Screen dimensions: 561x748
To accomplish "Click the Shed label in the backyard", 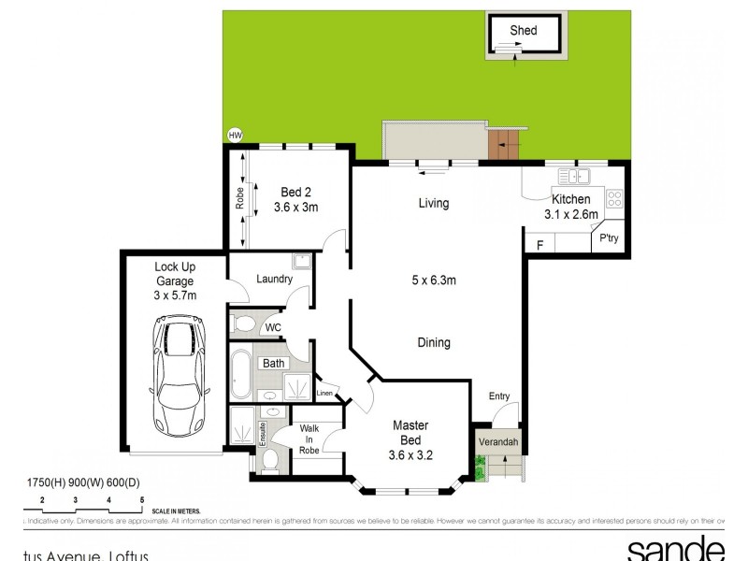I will (523, 31).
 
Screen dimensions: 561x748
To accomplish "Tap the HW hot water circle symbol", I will (235, 136).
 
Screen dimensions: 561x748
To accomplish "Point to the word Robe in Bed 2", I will (239, 197).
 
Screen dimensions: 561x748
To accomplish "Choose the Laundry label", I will (274, 279).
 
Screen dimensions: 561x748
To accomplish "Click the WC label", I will (272, 326).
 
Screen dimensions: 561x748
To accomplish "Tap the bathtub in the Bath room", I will (242, 374).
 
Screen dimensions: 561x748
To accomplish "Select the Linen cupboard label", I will (324, 395).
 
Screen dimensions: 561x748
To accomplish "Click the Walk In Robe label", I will (309, 439).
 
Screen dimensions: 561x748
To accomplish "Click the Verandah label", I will (498, 442).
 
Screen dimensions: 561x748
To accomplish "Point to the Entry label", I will (499, 396).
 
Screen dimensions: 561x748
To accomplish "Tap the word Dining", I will (433, 343).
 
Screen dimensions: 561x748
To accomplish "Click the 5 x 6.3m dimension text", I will (433, 280).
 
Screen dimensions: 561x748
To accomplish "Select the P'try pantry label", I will (609, 238).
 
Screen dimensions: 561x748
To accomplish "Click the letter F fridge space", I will (539, 246).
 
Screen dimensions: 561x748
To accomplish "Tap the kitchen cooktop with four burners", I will (615, 198).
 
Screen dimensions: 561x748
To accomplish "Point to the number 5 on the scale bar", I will (141, 500).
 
